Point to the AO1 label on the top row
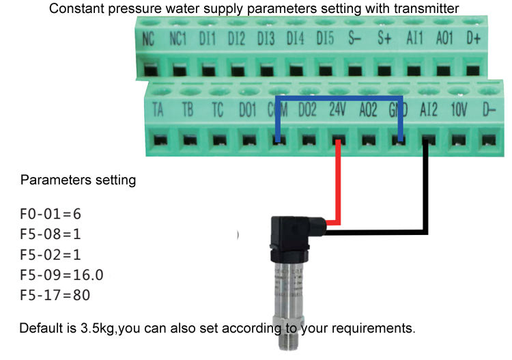pos(444,40)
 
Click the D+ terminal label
pos(474,40)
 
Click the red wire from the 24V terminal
pos(337,184)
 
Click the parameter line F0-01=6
pos(52,214)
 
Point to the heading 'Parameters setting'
pos(78,181)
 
